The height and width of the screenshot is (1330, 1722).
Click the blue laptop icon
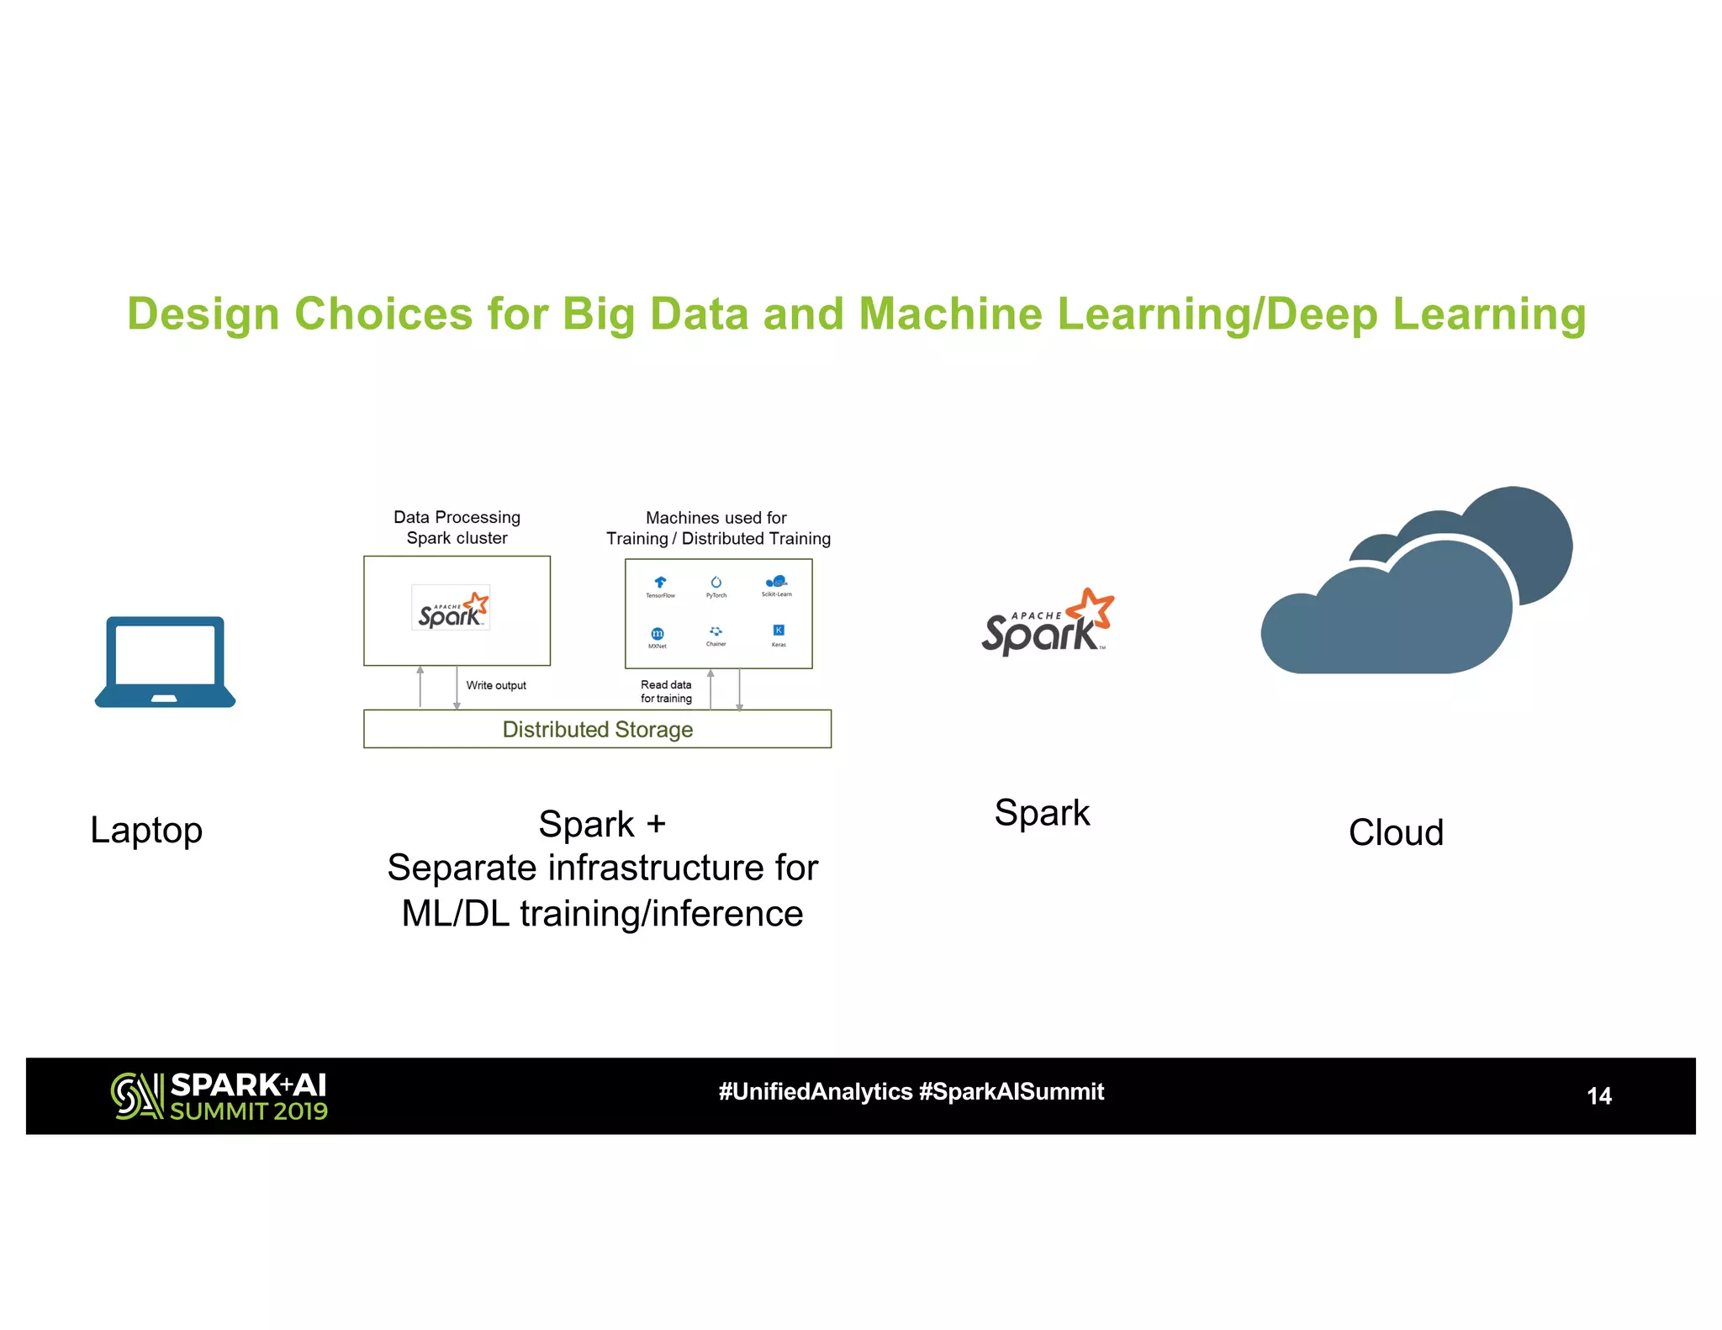[165, 662]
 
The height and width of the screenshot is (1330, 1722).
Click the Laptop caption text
[146, 831]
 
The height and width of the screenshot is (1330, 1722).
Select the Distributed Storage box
[597, 729]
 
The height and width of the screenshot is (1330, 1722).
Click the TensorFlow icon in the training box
[660, 583]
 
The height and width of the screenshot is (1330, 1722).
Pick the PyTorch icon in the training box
[716, 583]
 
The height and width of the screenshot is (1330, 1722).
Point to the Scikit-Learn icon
[776, 582]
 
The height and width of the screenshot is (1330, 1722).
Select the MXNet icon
[658, 634]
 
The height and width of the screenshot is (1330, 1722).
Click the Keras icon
[779, 631]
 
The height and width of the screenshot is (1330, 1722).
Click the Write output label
[496, 685]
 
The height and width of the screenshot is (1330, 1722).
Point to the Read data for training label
[666, 691]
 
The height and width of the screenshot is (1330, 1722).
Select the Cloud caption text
[1396, 832]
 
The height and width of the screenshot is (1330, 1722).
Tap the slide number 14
[1598, 1095]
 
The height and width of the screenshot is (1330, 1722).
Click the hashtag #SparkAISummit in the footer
[1012, 1091]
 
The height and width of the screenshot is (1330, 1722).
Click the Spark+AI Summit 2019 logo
[219, 1095]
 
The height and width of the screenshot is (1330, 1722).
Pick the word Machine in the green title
[949, 314]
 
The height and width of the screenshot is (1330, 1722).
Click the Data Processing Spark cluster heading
[457, 527]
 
